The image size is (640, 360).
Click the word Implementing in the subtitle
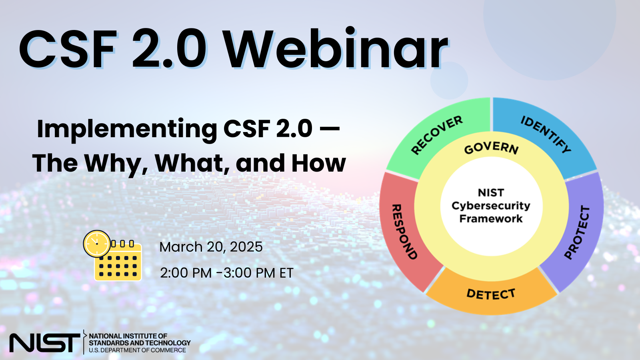pos(127,129)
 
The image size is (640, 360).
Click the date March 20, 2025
pos(211,247)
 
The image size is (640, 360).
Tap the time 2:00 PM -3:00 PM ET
pos(226,273)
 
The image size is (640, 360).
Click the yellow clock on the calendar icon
pos(97,244)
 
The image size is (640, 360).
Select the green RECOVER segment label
pos(436,135)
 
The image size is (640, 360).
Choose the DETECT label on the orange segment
pos(491,294)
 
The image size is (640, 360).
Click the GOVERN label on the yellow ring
pos(491,148)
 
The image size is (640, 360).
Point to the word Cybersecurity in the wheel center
pos(491,206)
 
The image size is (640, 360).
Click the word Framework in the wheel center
pos(491,219)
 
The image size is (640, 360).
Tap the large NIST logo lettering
pos(44,343)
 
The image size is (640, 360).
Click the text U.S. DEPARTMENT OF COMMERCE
pos(137,350)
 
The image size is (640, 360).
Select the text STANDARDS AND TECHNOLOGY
pos(140,343)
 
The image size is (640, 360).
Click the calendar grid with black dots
pos(118,266)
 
